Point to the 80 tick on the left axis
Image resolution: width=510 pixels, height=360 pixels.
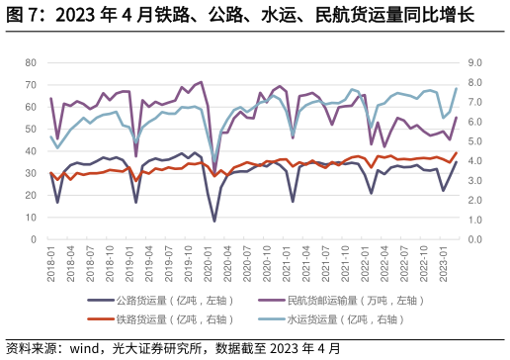30,62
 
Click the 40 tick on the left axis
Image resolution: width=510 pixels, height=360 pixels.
30,150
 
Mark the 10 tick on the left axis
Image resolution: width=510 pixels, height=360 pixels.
30,217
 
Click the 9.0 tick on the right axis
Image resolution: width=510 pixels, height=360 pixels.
474,62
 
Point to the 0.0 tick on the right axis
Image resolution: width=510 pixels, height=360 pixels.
474,239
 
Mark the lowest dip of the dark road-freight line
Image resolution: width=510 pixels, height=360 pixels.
214,221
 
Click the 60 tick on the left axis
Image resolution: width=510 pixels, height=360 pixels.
30,107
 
